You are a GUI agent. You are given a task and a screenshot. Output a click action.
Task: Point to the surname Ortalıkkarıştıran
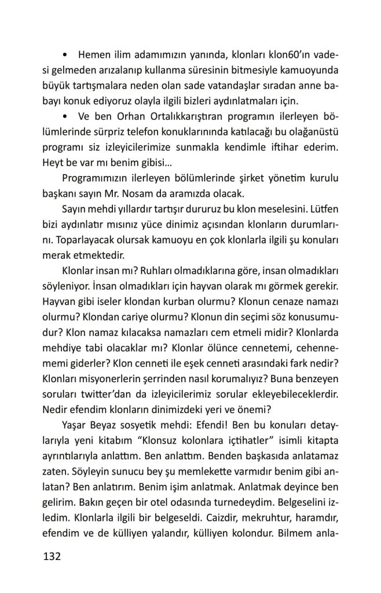click(x=188, y=111)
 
